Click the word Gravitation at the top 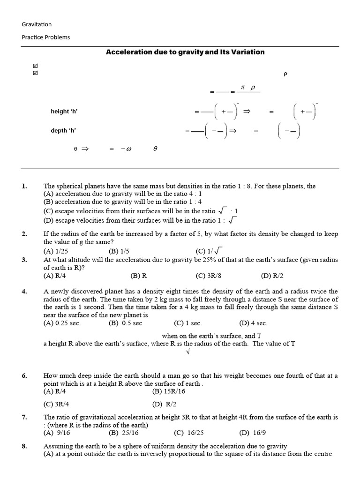click(37, 24)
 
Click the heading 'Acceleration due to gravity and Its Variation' click(185, 52)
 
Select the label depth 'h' click(66, 131)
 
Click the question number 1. click(24, 186)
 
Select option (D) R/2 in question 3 click(271, 276)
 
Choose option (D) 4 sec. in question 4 click(253, 323)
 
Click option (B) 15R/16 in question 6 click(168, 391)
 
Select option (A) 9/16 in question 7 click(56, 433)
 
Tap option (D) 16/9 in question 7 click(255, 433)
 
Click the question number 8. click(24, 446)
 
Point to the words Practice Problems click(46, 37)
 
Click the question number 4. click(24, 292)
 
